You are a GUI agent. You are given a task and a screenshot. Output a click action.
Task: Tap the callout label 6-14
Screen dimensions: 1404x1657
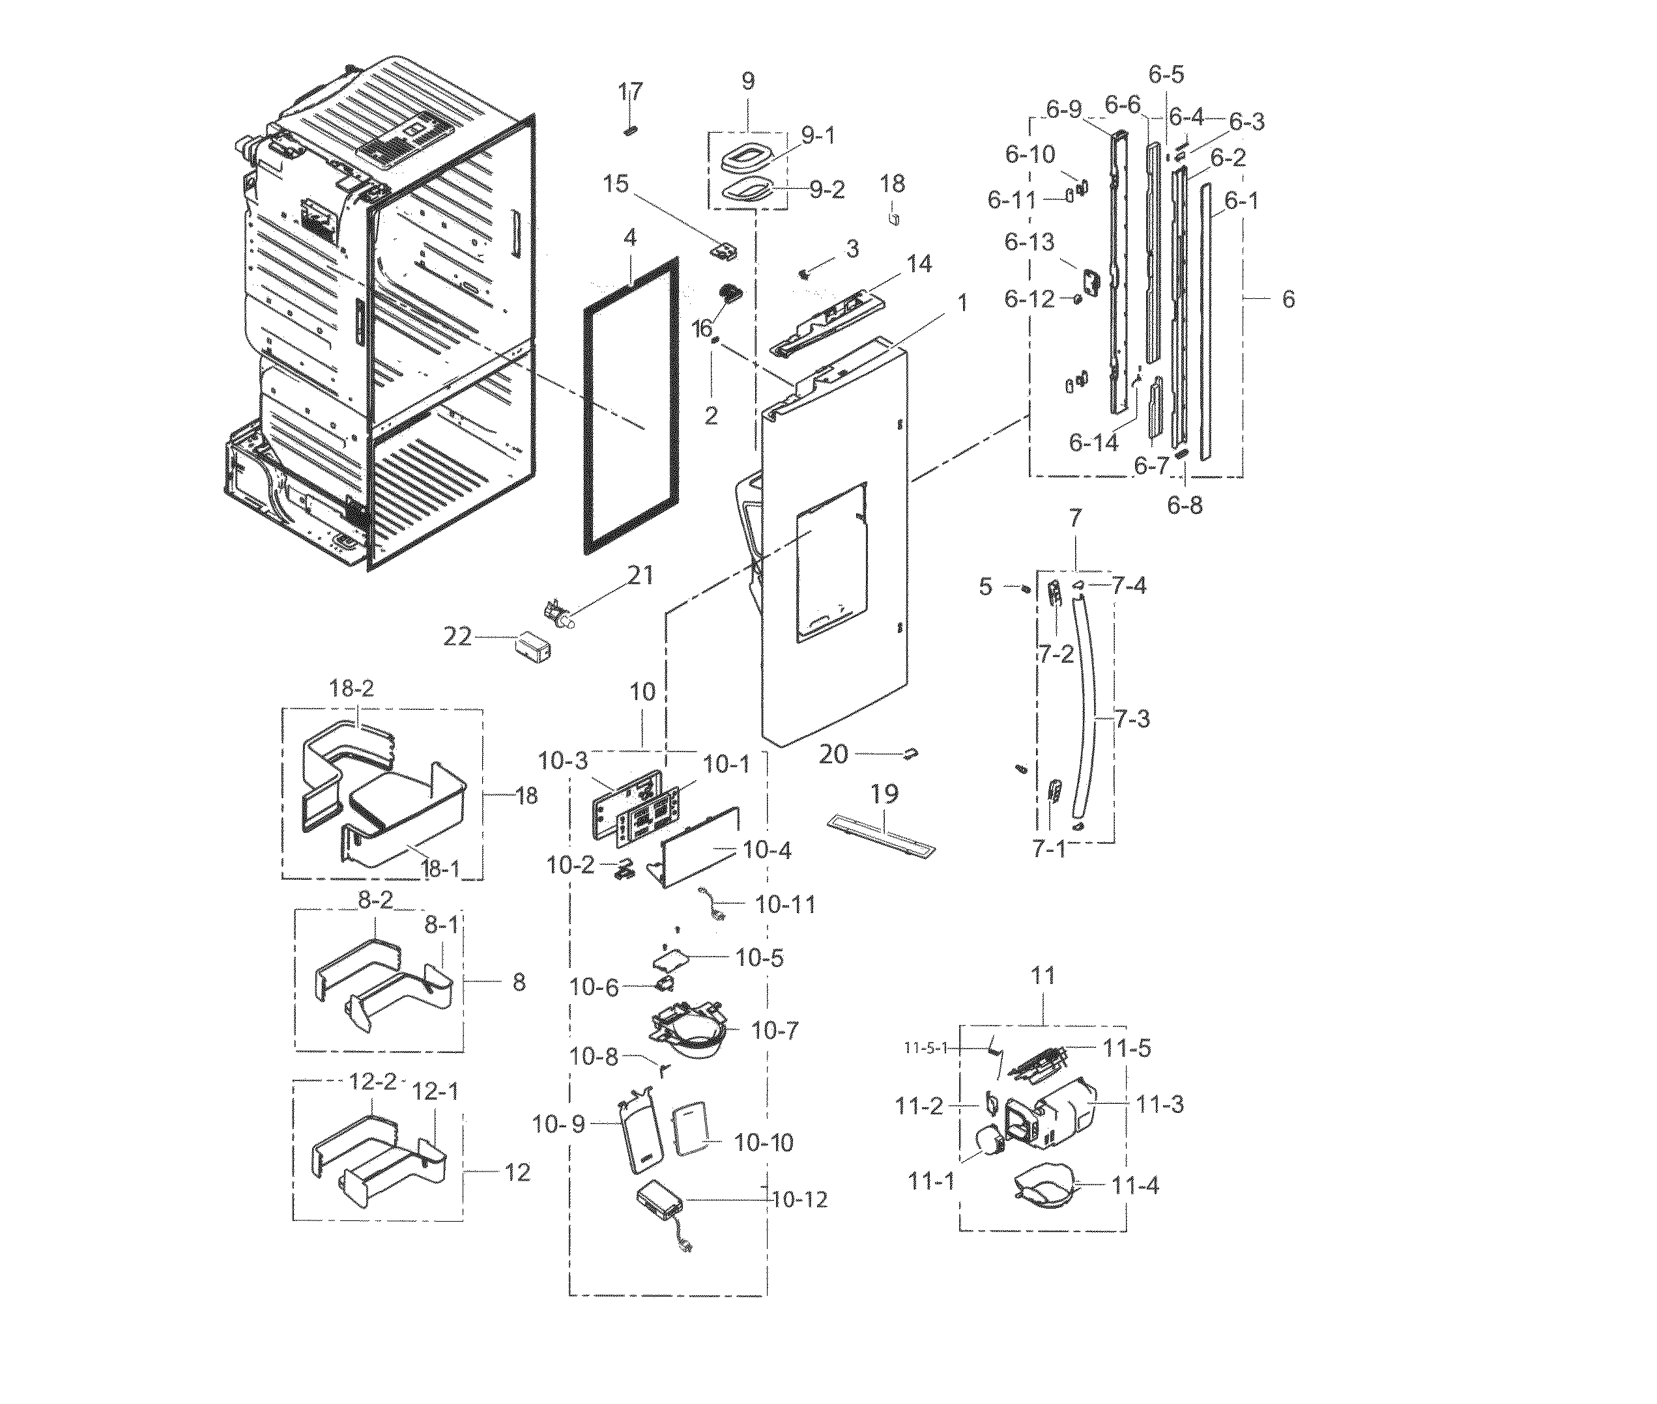(x=1093, y=443)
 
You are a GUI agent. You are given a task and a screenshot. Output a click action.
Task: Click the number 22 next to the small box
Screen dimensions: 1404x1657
(x=457, y=637)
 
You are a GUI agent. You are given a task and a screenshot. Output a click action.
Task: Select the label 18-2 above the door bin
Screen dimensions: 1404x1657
(x=351, y=688)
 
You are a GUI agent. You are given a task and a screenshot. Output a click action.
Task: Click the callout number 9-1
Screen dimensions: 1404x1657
(x=818, y=136)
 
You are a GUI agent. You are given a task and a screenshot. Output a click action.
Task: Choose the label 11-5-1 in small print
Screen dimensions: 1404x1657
(x=925, y=1049)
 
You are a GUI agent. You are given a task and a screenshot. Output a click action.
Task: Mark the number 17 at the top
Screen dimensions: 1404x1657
(x=631, y=92)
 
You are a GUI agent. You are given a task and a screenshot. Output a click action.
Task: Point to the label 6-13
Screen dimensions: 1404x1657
(x=1029, y=241)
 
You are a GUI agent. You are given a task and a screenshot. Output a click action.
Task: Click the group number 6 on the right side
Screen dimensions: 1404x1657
(x=1288, y=300)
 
